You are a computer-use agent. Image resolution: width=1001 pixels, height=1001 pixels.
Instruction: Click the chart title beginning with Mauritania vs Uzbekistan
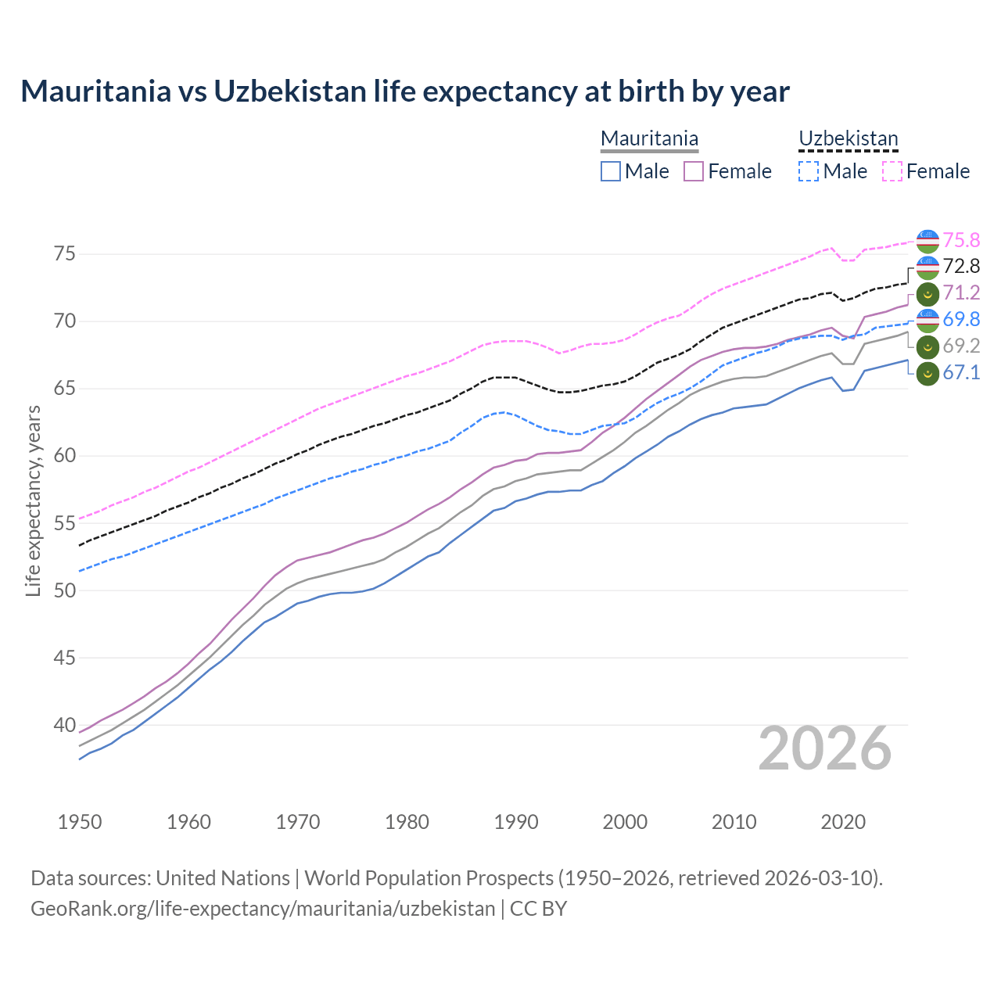coord(405,91)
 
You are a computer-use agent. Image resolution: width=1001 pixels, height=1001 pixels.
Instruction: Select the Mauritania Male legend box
coord(611,171)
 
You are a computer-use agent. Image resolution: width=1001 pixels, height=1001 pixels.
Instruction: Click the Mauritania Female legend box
coord(694,171)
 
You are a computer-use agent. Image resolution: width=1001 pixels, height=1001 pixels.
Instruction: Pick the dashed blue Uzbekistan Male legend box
coord(809,171)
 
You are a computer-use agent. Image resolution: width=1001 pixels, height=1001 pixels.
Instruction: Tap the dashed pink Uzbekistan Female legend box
coord(892,171)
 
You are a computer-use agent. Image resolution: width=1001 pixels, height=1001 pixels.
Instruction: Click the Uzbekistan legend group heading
coord(848,139)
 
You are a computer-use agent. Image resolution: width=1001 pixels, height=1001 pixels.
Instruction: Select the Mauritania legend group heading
coord(649,139)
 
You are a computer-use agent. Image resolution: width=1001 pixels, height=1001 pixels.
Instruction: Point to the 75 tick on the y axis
coord(65,254)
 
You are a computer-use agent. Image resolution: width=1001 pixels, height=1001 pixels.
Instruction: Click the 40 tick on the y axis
coord(65,725)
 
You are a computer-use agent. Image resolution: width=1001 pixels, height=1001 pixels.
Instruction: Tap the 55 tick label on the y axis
coord(65,523)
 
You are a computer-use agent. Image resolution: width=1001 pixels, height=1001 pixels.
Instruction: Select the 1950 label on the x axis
coord(80,822)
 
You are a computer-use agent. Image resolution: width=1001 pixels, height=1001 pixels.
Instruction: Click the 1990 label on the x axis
coord(516,822)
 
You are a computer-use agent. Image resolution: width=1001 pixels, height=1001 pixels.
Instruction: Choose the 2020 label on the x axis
coord(843,822)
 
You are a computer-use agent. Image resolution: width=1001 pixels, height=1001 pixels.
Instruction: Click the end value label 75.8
coord(961,240)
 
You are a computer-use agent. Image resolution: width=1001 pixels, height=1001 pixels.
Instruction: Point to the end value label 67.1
coord(961,373)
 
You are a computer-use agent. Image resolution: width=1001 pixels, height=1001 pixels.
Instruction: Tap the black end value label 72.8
coord(961,267)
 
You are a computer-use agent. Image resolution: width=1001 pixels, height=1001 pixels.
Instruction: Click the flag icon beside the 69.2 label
coord(927,346)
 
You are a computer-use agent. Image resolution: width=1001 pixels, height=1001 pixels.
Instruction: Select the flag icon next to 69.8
coord(927,320)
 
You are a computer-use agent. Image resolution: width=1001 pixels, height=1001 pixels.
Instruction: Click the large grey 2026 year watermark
coord(824,748)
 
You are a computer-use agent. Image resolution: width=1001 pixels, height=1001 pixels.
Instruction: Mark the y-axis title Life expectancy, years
coord(34,500)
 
